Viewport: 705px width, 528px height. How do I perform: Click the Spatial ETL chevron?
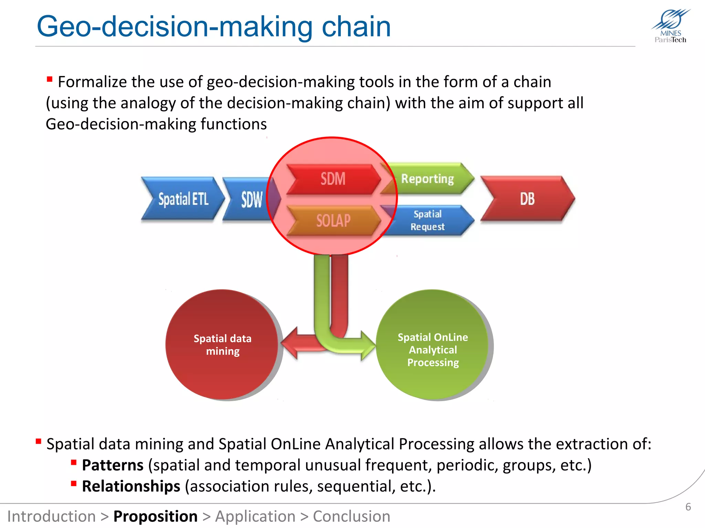click(x=182, y=199)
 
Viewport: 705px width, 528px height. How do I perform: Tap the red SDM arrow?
click(x=333, y=179)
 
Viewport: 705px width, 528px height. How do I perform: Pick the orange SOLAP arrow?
click(x=333, y=220)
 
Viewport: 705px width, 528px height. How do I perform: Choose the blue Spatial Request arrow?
click(x=428, y=220)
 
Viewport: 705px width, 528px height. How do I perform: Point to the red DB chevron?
click(x=527, y=199)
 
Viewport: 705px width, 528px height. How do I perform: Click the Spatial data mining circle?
click(x=222, y=345)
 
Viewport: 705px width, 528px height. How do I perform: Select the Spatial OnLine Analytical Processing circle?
click(x=433, y=345)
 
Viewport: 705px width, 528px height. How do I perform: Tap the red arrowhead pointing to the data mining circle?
click(x=291, y=343)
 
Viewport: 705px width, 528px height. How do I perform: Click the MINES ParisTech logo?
click(x=671, y=26)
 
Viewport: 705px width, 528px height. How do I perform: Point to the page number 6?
click(x=688, y=507)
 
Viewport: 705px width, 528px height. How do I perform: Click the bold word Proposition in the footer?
click(x=155, y=516)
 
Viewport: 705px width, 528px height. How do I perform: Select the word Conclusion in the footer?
click(x=351, y=516)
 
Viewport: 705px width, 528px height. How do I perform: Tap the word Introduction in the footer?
click(x=52, y=516)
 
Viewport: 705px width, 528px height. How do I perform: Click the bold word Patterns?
click(x=113, y=465)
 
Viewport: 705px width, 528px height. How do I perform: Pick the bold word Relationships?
click(x=131, y=486)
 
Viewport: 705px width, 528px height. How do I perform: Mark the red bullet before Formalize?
click(x=50, y=79)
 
